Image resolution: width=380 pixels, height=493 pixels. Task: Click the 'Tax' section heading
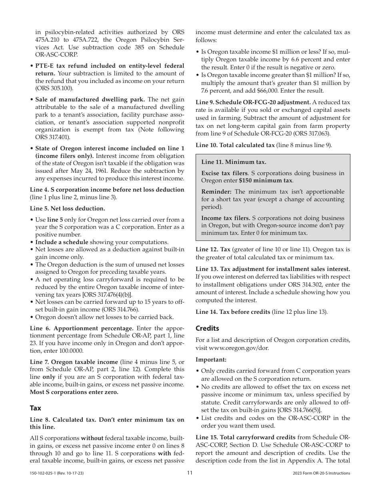coord(36,408)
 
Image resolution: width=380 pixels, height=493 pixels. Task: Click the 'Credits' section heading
coord(207,328)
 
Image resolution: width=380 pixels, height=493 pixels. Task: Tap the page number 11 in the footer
coord(190,473)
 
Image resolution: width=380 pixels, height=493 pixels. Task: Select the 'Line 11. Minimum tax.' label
coord(234,162)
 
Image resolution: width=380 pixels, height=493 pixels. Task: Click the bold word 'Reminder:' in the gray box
coord(216,192)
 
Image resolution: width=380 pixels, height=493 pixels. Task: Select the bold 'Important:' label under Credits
coord(211,360)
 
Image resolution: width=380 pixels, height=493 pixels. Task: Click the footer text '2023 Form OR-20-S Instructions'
coord(321,473)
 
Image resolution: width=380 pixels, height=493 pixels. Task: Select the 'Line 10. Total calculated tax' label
coord(235,145)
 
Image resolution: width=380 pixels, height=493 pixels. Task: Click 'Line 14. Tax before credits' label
coord(232,312)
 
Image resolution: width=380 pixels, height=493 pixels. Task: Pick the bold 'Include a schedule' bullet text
coord(62,242)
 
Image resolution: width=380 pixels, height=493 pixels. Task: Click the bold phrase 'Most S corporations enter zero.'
coord(74,392)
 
